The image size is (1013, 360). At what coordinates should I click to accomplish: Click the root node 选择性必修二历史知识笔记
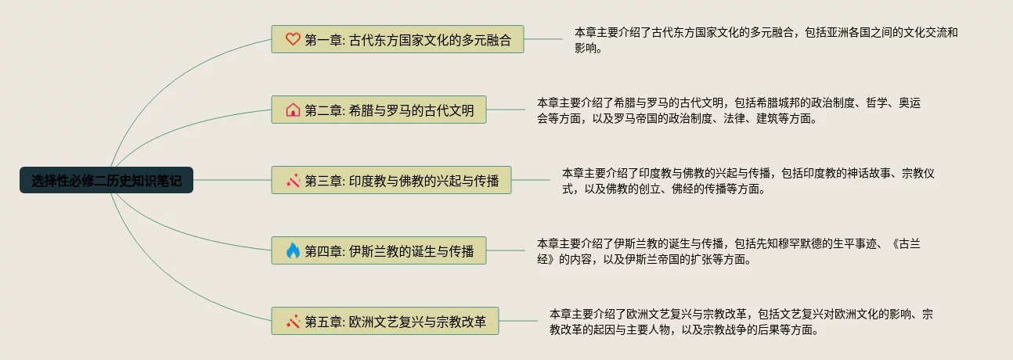(x=106, y=180)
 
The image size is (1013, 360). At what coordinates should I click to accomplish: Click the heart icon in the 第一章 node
(x=293, y=39)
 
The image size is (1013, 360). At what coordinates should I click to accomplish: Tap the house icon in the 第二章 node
(x=293, y=110)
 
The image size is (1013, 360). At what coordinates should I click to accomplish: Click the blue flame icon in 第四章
(x=293, y=251)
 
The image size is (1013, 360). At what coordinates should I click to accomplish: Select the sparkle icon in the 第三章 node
(x=293, y=181)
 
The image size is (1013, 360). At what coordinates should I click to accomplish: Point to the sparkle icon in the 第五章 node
(x=293, y=322)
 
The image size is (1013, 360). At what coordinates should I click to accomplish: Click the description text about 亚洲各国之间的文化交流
(x=766, y=40)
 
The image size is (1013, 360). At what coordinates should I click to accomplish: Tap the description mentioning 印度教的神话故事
(x=748, y=181)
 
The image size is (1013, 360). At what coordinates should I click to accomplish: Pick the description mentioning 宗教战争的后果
(x=741, y=322)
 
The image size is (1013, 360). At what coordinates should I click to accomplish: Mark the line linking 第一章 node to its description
(x=548, y=39)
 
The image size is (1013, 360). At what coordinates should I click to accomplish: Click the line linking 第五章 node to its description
(x=523, y=322)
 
